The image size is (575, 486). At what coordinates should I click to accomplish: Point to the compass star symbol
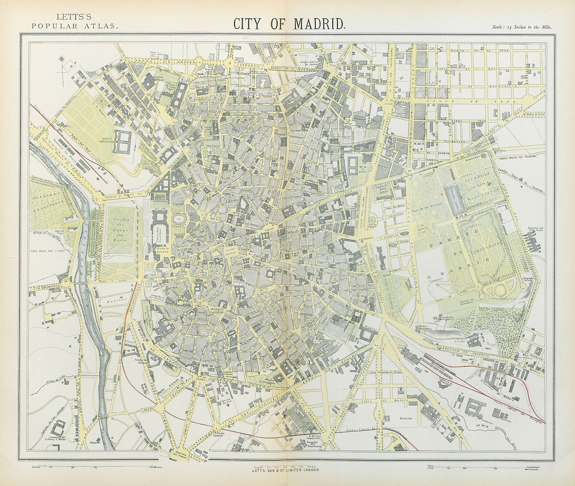[x=61, y=59]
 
